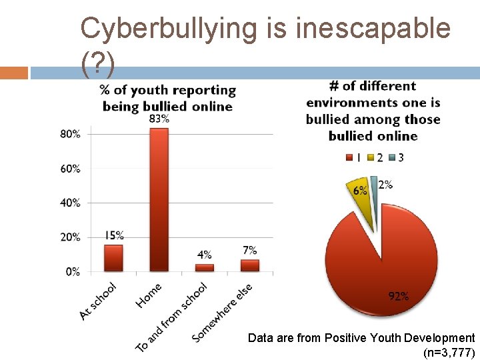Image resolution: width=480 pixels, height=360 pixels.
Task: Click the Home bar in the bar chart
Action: (x=159, y=200)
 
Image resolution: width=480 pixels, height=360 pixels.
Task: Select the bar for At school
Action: (x=113, y=258)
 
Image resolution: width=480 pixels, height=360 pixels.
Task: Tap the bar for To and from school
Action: (x=205, y=267)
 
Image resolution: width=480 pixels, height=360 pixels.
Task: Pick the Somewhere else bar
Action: (x=250, y=265)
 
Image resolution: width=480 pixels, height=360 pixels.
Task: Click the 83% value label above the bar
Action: (x=159, y=119)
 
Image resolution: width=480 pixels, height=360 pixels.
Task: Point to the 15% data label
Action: (x=114, y=235)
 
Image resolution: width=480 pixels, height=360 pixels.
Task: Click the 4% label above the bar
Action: (x=205, y=255)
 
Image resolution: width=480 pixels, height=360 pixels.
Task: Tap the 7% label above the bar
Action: (x=250, y=250)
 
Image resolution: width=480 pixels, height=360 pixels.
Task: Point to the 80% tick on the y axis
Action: (x=70, y=134)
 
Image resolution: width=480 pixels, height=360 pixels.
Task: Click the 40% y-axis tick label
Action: (x=70, y=203)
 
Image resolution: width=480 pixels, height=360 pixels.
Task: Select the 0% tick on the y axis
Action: (x=72, y=271)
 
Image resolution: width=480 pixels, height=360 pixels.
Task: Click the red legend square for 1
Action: (x=349, y=158)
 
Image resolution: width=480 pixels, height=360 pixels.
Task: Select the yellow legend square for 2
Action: (x=371, y=158)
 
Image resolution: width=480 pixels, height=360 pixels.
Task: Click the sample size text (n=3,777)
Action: (x=449, y=352)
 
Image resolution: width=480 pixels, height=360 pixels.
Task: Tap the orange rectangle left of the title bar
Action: (x=13, y=73)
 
